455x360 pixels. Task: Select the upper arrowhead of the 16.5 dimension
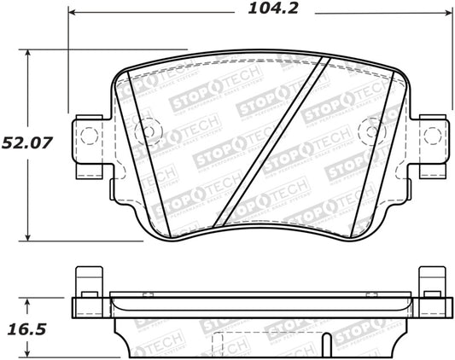click(x=31, y=300)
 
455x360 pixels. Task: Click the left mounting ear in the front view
click(x=90, y=138)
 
